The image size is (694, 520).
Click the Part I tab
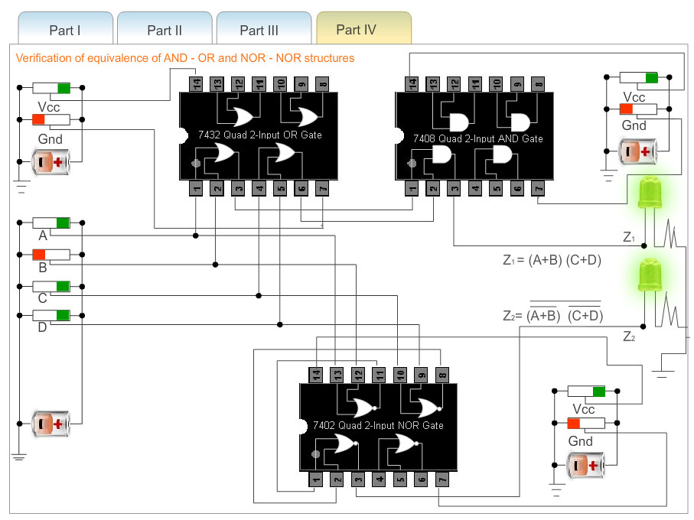65,30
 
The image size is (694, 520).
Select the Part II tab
165,30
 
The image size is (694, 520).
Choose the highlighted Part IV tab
357,30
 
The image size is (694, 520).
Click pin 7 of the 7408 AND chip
539,187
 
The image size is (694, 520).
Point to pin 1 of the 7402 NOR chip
316,479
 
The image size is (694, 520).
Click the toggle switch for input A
51,223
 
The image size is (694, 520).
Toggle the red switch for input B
51,254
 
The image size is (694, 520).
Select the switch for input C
51,286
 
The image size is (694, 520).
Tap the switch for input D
51,315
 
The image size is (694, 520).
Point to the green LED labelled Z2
649,275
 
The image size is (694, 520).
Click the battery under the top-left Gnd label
51,161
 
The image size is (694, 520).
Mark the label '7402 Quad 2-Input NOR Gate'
378,425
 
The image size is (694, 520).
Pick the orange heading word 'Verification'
43,58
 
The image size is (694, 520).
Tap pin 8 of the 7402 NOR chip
442,374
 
